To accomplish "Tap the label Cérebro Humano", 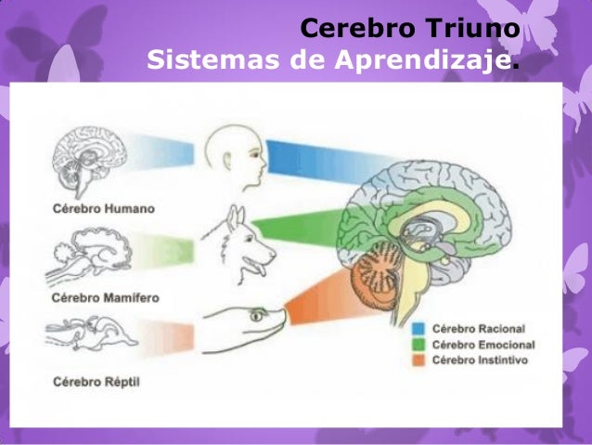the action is coord(101,208).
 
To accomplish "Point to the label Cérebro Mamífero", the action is coord(105,298).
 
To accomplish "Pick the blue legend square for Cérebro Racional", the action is coord(419,329).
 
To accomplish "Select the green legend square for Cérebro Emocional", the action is coord(419,344).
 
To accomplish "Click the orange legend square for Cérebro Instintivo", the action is coord(419,359).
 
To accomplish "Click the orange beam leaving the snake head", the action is coord(311,307).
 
